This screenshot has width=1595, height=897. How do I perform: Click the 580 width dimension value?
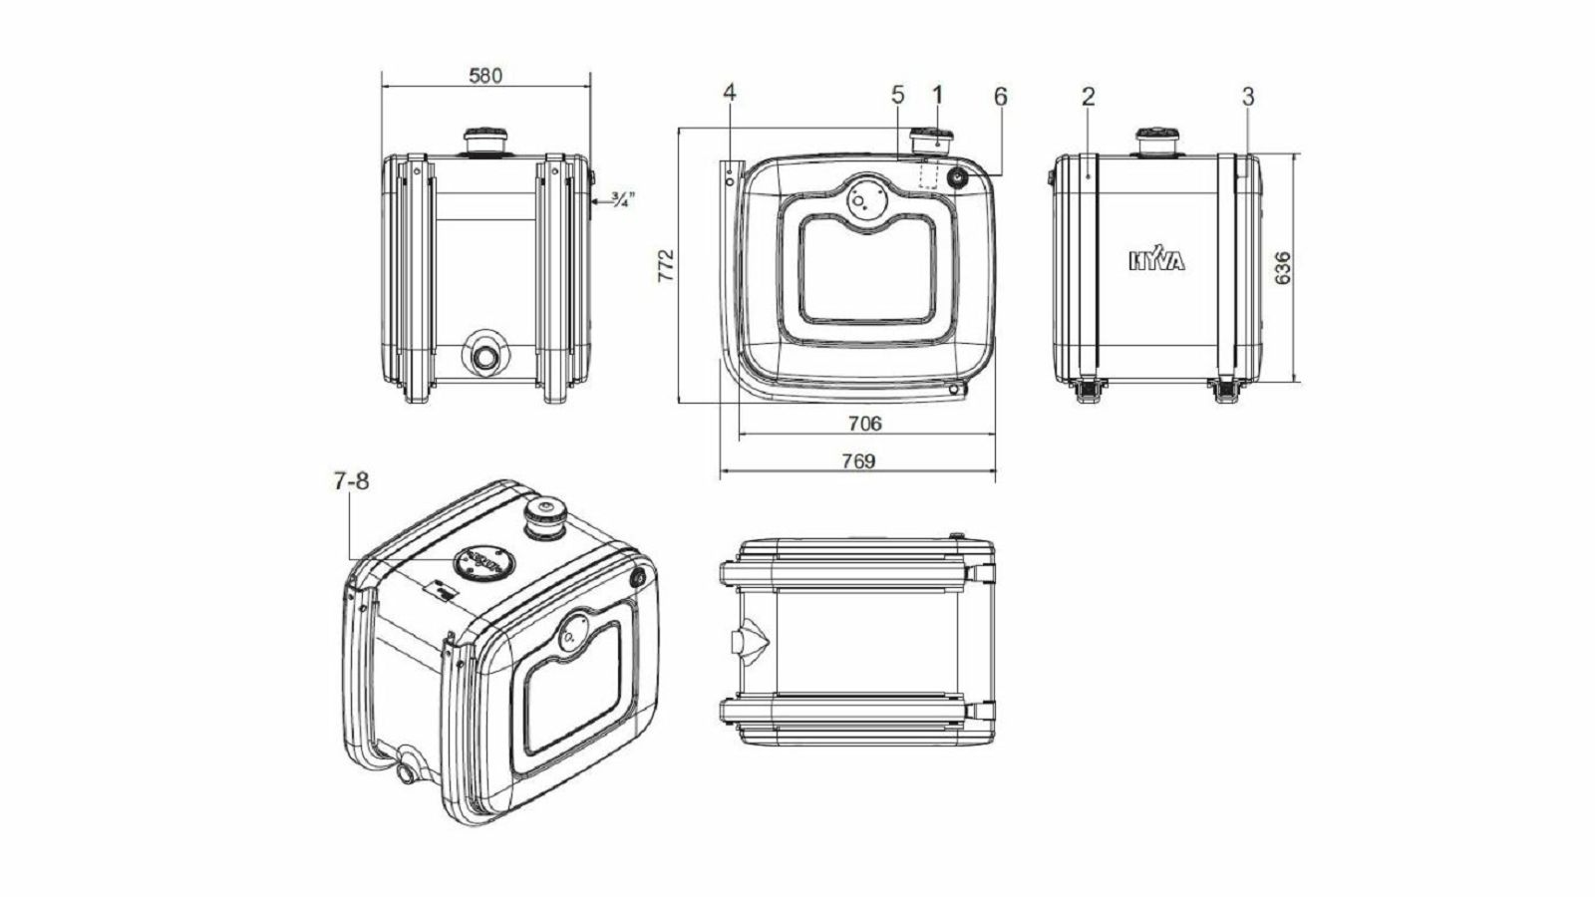(485, 76)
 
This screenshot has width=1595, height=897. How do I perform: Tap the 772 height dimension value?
(666, 265)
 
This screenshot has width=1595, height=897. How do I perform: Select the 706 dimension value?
(865, 424)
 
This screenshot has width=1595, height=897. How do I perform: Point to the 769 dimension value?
(858, 461)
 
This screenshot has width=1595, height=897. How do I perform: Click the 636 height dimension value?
(1282, 268)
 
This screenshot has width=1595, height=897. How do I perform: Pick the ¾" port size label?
(622, 198)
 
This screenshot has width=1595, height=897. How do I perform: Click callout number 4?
(729, 93)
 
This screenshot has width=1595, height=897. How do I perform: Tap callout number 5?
(897, 94)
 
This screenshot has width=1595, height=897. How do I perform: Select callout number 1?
(937, 94)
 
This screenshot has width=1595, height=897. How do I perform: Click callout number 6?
(1001, 97)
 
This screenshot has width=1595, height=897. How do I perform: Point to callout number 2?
(1088, 97)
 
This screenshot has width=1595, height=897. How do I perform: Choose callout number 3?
(1247, 97)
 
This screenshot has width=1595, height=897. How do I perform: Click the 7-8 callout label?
(352, 482)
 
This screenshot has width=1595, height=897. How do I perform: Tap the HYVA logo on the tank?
(1157, 259)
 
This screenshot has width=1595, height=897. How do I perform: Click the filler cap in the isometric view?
(545, 518)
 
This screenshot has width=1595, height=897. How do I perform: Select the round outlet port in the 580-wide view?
(484, 356)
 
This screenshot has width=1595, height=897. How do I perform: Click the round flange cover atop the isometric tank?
(484, 563)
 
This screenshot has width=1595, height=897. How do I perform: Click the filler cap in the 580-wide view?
(484, 142)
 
